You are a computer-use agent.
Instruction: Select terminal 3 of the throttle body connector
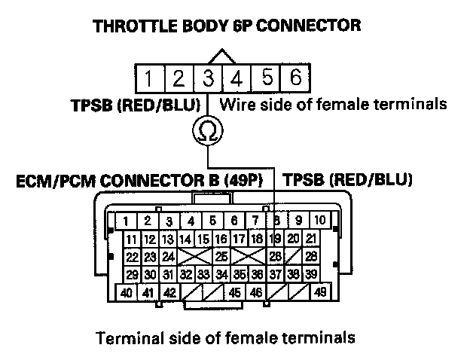click(208, 78)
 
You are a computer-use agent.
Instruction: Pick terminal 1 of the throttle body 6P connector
click(150, 78)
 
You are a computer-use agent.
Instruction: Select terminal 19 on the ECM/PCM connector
click(276, 239)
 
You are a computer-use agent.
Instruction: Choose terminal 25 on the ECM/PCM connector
click(221, 257)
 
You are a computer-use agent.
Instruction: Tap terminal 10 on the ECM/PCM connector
click(319, 221)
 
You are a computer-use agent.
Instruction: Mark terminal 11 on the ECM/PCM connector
click(132, 239)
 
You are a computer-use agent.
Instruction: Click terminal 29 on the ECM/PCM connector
click(132, 275)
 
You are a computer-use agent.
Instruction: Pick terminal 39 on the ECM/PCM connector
click(310, 275)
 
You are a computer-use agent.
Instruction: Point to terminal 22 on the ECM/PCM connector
click(132, 257)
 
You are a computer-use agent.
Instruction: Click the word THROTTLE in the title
click(130, 26)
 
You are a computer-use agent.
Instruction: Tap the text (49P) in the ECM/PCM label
click(251, 181)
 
